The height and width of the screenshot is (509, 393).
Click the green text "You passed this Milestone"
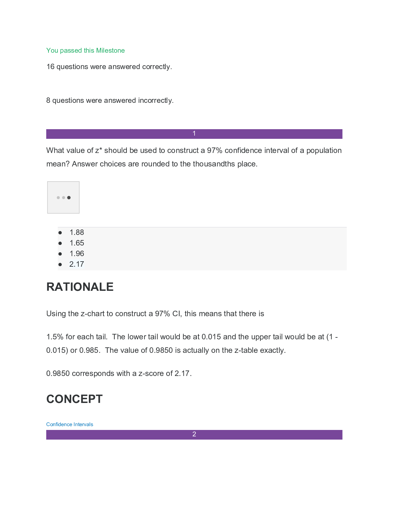point(85,50)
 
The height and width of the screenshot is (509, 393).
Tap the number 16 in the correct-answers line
point(50,67)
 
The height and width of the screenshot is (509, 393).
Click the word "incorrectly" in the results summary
point(155,101)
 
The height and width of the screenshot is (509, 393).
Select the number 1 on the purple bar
point(194,134)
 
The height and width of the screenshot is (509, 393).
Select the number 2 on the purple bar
point(194,434)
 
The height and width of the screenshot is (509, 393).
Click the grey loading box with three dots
point(63,197)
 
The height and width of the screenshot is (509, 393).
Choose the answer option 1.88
point(77,232)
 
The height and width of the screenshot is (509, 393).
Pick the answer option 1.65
point(77,243)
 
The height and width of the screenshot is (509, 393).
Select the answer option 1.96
point(77,254)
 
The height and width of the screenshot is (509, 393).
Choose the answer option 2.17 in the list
point(77,264)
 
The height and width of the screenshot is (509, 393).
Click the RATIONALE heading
point(80,287)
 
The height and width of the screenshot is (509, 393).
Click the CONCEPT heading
point(74,399)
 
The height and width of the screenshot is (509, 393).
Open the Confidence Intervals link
point(70,424)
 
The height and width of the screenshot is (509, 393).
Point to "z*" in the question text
point(98,150)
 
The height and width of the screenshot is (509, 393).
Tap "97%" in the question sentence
point(214,150)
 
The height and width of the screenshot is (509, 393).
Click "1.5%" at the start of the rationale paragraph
point(55,337)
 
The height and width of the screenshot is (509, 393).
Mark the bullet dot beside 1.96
point(60,254)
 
